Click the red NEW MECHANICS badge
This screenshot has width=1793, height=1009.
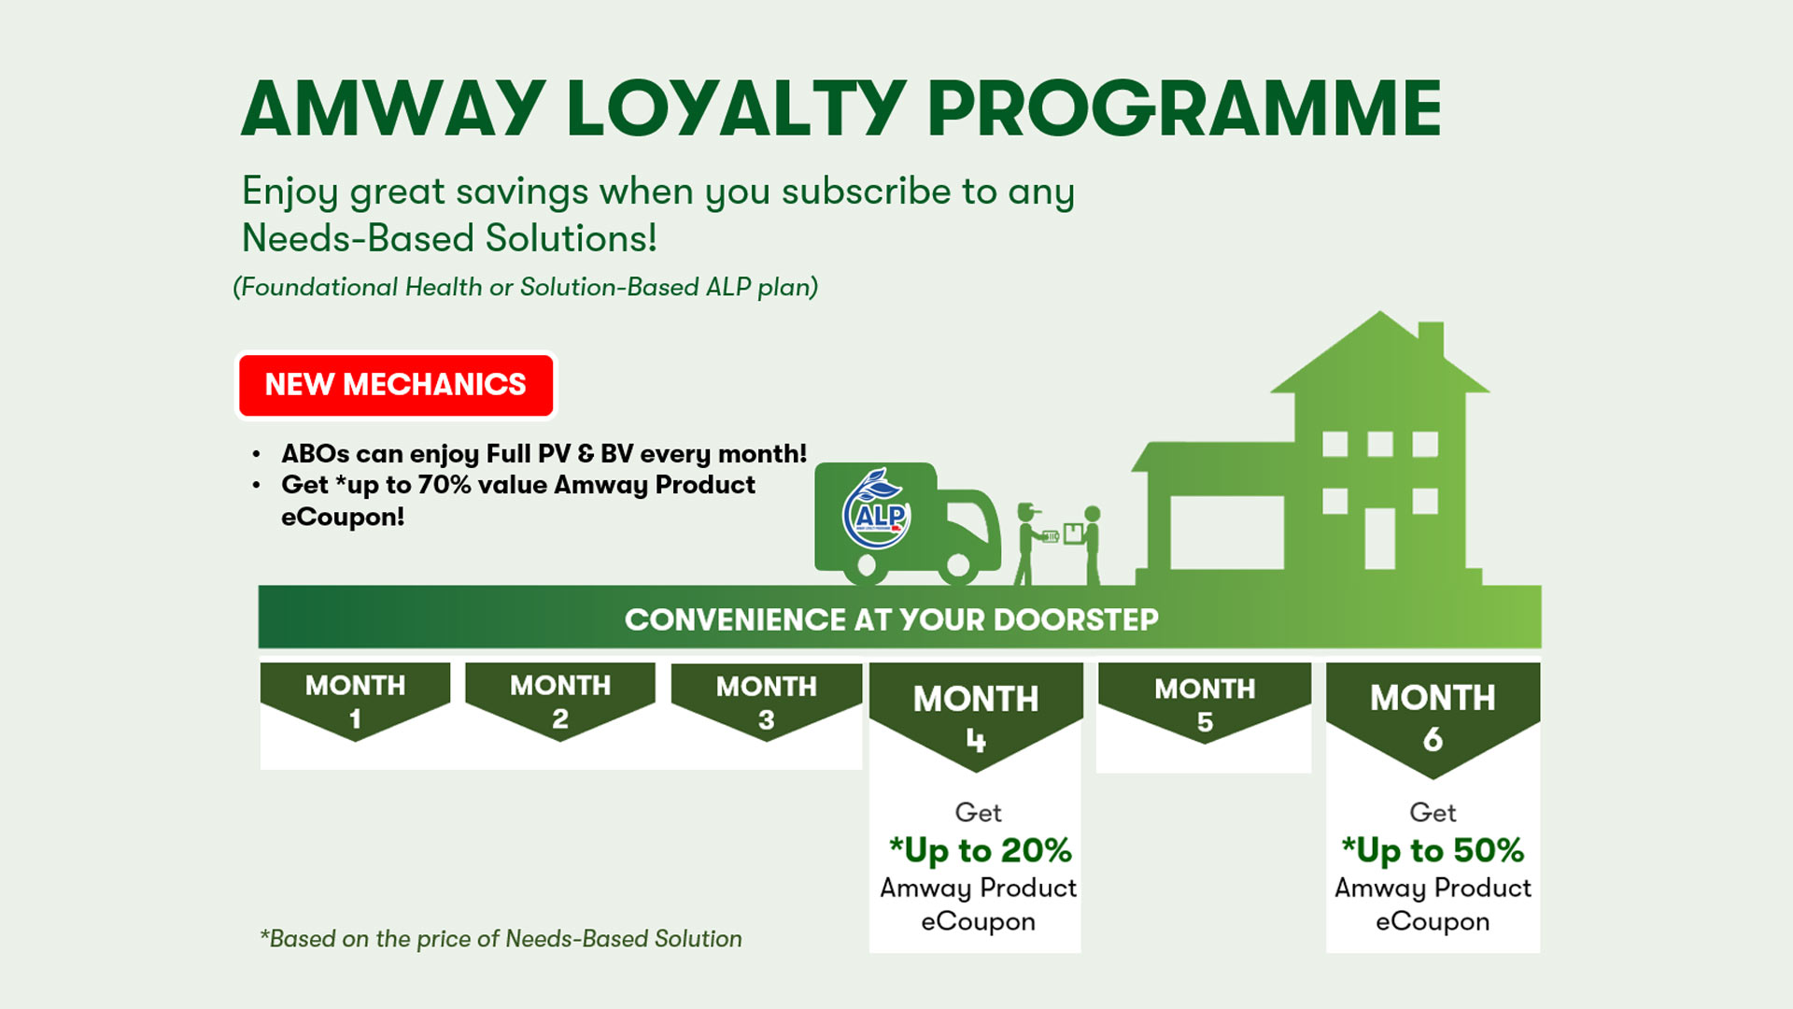396,385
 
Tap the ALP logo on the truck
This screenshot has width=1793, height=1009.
876,509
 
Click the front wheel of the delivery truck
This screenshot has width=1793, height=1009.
958,564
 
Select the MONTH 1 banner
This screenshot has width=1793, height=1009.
355,702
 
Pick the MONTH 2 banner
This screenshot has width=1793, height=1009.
560,702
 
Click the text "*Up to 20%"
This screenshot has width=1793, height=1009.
980,850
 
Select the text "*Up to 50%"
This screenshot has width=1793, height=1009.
1433,850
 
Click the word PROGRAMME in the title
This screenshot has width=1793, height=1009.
1184,108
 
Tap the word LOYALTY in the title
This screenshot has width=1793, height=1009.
736,108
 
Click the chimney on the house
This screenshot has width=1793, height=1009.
1431,341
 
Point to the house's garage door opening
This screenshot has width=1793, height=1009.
1227,533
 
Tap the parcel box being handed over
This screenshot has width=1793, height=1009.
1074,534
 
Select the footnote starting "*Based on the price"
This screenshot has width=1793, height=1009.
501,939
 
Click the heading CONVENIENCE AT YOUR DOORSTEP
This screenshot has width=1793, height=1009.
891,619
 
